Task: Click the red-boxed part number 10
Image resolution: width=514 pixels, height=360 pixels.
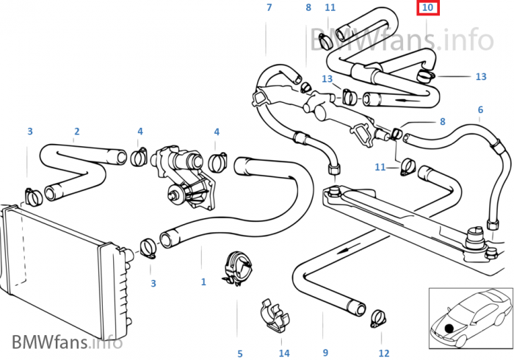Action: (427, 8)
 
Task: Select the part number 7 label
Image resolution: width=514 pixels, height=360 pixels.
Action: (269, 8)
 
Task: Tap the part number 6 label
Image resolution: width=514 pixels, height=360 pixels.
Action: (480, 110)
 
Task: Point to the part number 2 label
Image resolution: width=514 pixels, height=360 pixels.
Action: (76, 132)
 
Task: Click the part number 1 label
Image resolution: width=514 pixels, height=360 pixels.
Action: (203, 281)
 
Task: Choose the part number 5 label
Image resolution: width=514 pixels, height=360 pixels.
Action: (239, 353)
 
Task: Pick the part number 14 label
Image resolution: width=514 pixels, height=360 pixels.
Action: (284, 353)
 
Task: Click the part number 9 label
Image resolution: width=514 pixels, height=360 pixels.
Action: (324, 353)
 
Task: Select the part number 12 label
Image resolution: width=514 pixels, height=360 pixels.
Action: (384, 353)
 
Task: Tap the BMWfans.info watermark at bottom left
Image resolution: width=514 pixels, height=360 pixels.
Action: (66, 342)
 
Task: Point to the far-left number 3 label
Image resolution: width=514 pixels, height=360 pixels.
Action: (30, 132)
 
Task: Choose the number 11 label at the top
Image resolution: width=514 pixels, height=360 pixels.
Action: (330, 8)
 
